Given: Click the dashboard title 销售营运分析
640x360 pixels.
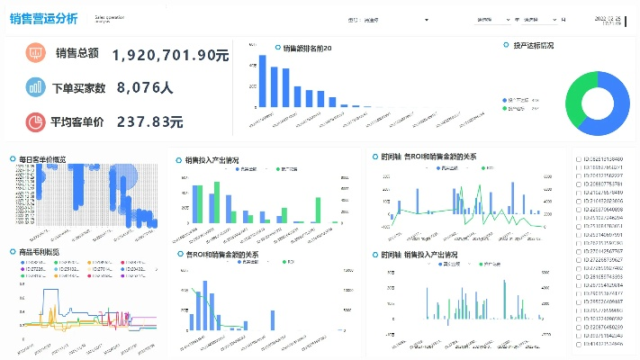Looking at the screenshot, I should coord(44,19).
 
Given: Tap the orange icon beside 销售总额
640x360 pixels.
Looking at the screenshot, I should coord(36,53).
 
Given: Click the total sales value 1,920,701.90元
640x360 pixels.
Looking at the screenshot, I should coord(170,55).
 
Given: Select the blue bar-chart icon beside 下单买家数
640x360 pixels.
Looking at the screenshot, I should coord(36,87).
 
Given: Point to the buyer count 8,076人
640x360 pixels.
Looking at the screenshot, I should coord(145,88).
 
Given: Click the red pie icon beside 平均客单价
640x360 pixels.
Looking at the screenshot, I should coord(36,121).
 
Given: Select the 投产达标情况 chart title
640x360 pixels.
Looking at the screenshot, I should coord(533,45).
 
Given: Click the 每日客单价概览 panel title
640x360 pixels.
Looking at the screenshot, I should coord(42,159).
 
